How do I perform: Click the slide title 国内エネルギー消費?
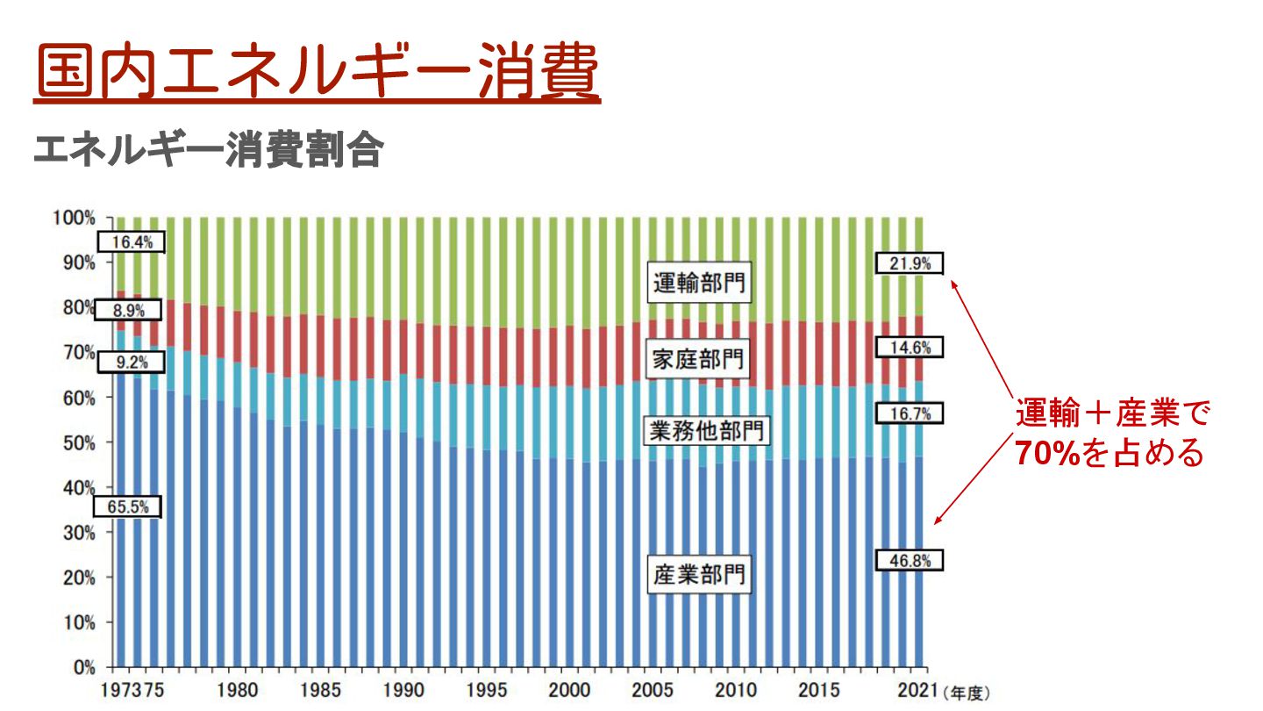(317, 72)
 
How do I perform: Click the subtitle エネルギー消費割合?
(208, 151)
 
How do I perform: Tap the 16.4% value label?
(131, 242)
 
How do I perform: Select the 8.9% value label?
(131, 310)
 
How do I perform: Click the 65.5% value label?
(128, 506)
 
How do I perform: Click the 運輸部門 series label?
(699, 284)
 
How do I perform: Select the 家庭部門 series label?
(699, 359)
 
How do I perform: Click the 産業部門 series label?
(699, 575)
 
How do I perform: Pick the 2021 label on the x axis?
(914, 690)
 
